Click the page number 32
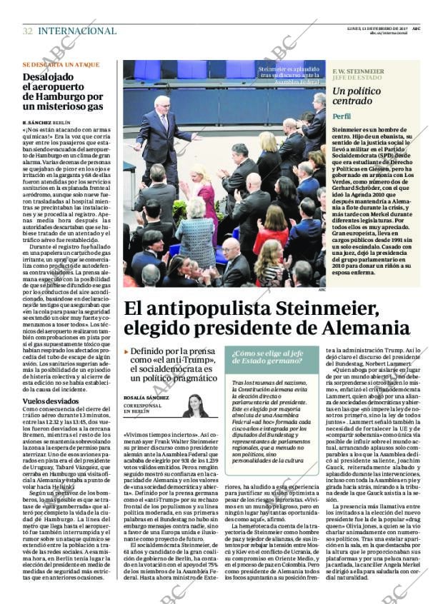(27, 31)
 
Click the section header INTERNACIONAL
(77, 31)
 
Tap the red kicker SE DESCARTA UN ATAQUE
(61, 64)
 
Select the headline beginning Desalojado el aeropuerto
(63, 91)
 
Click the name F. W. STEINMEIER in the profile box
(358, 71)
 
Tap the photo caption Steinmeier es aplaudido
(289, 74)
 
